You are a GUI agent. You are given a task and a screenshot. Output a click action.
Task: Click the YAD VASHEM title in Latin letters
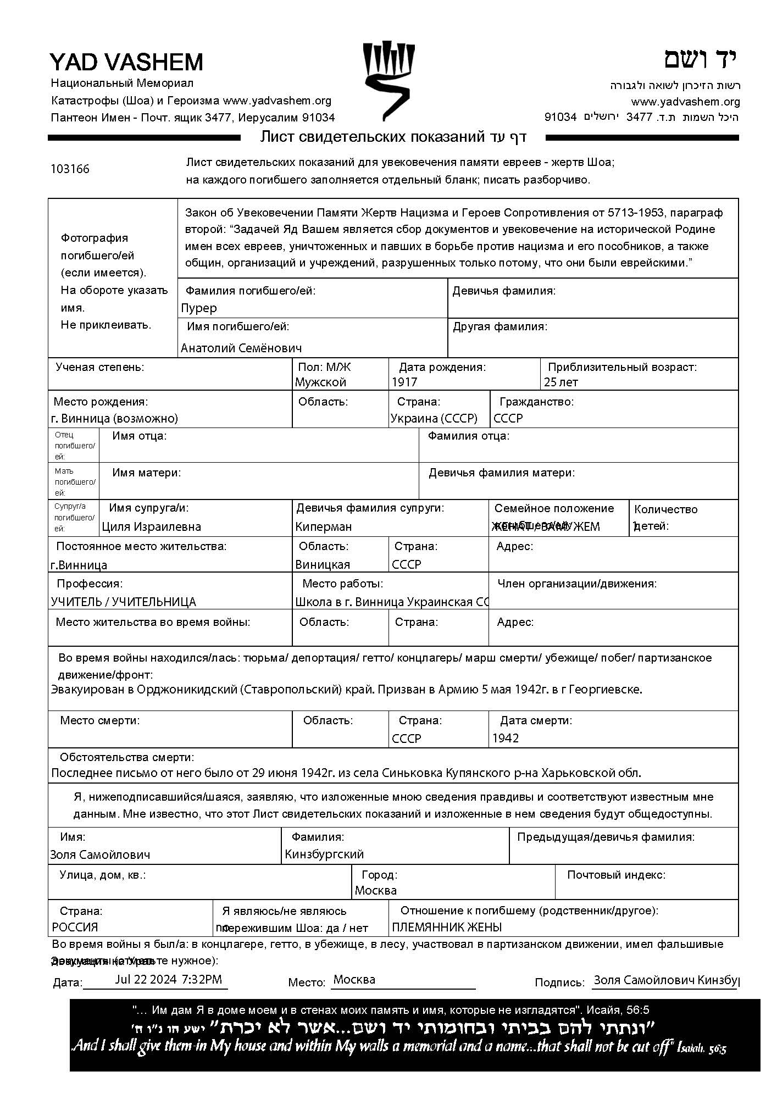(x=126, y=62)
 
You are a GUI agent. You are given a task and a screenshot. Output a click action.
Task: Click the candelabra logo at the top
(x=388, y=80)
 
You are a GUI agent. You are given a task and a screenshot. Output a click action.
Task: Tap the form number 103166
(x=70, y=169)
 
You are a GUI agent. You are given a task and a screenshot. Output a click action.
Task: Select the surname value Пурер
(x=199, y=308)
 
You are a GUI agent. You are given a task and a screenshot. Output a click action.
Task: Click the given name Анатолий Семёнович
(x=241, y=348)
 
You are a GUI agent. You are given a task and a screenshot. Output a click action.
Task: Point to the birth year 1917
(x=404, y=382)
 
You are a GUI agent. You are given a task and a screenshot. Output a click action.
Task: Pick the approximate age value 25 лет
(x=561, y=382)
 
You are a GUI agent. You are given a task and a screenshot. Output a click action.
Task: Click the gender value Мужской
(x=321, y=382)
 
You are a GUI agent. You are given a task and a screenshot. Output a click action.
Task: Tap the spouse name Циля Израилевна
(x=152, y=526)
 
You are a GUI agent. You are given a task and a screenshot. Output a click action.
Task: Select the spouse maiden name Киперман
(x=323, y=526)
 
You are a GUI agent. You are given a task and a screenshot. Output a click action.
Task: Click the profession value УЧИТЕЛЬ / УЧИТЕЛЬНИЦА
(x=124, y=602)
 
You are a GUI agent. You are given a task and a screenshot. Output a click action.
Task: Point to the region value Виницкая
(x=323, y=564)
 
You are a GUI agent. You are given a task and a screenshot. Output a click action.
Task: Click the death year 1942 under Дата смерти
(x=506, y=738)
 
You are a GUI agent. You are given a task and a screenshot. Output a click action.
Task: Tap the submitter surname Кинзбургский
(x=324, y=854)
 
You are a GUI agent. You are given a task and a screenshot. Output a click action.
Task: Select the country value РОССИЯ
(x=75, y=927)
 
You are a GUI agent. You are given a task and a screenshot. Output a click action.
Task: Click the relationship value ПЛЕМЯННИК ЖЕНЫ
(x=447, y=927)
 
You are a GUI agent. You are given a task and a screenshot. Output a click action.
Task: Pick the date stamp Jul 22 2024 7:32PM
(x=169, y=979)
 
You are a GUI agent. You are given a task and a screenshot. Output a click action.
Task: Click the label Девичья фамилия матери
(x=502, y=473)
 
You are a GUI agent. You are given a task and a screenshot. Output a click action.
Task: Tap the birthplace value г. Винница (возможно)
(x=114, y=418)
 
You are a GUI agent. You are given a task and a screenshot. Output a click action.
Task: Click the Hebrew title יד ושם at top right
(x=700, y=59)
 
